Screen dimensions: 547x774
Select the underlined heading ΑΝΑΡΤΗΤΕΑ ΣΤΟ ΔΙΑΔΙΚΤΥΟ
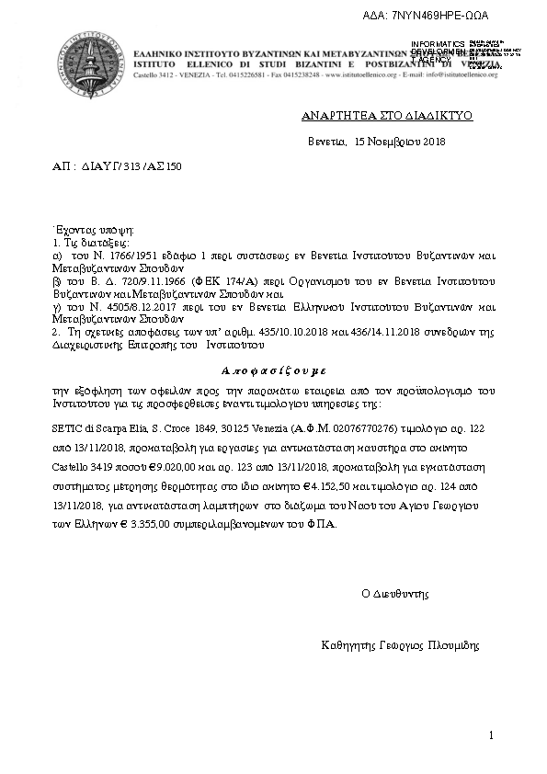click(x=387, y=119)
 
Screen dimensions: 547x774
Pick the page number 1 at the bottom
click(x=492, y=735)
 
